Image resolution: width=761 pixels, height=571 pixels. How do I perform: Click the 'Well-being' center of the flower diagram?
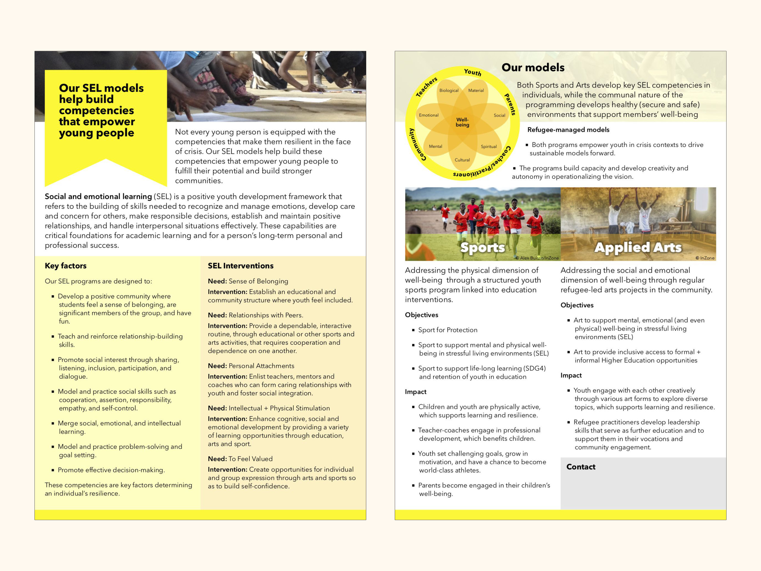click(x=462, y=122)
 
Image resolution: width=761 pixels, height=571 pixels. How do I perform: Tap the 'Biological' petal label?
click(x=449, y=90)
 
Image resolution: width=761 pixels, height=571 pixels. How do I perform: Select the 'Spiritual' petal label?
click(x=488, y=147)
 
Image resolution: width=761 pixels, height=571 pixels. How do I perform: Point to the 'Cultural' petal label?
click(x=462, y=160)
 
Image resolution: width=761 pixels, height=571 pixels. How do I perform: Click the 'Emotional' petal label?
click(x=428, y=115)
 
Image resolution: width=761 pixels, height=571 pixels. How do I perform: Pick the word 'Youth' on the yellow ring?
click(x=472, y=72)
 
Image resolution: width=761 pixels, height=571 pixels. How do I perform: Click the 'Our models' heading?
click(x=533, y=68)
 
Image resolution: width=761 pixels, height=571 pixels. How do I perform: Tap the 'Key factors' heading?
click(x=65, y=266)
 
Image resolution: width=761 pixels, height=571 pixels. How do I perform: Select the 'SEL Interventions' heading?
click(x=240, y=266)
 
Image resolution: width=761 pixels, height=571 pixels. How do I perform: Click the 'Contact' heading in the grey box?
click(x=581, y=467)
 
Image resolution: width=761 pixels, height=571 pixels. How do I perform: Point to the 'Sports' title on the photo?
click(x=482, y=247)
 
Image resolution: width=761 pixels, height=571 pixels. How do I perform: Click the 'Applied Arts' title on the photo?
click(x=638, y=247)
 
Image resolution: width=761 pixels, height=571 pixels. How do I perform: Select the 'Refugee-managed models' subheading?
click(x=568, y=130)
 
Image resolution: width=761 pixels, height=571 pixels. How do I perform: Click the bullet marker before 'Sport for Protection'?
click(x=413, y=330)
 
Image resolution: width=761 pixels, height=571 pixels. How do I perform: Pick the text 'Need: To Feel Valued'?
click(x=240, y=459)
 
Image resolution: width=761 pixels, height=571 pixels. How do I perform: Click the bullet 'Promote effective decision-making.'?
click(x=111, y=470)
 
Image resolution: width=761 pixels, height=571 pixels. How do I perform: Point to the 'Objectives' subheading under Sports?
click(x=422, y=315)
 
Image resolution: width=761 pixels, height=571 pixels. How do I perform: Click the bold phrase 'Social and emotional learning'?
click(x=98, y=197)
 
